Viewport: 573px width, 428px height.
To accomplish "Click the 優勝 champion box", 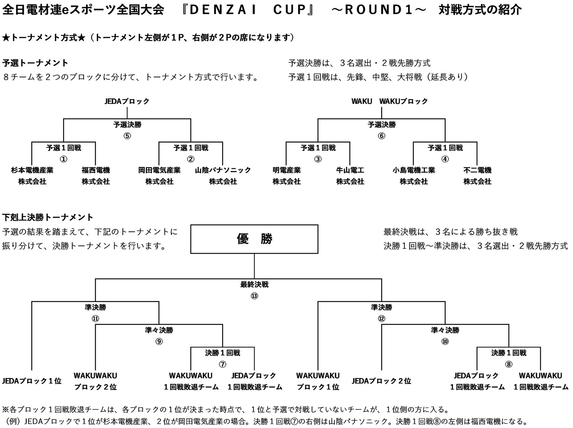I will pyautogui.click(x=254, y=239).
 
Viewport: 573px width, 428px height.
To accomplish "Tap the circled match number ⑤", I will pyautogui.click(x=127, y=136).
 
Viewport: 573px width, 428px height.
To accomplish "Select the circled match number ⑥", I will pyautogui.click(x=381, y=136).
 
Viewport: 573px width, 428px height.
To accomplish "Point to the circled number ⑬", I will pyautogui.click(x=254, y=296).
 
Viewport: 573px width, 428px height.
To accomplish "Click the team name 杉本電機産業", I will pyautogui.click(x=32, y=170).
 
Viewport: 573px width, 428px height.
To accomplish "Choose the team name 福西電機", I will pyautogui.click(x=96, y=170).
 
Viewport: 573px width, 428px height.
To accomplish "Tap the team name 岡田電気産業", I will pyautogui.click(x=159, y=170).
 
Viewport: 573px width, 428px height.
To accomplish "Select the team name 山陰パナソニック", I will pyautogui.click(x=223, y=170).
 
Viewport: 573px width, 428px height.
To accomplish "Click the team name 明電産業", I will pyautogui.click(x=286, y=170).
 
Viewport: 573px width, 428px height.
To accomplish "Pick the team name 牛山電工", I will pyautogui.click(x=350, y=170).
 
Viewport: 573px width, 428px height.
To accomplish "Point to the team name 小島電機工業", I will pyautogui.click(x=414, y=170).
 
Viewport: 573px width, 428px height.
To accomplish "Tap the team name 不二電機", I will pyautogui.click(x=477, y=170).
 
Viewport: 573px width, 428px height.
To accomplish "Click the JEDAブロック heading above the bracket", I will pyautogui.click(x=127, y=101).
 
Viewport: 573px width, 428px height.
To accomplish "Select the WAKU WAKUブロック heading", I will pyautogui.click(x=390, y=101).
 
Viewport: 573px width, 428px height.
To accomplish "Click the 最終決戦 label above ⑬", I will pyautogui.click(x=254, y=285).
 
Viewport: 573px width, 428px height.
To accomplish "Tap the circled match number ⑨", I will pyautogui.click(x=159, y=341).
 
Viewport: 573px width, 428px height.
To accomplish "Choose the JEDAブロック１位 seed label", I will pyautogui.click(x=32, y=381).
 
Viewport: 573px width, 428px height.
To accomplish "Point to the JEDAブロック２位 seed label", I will pyautogui.click(x=381, y=381).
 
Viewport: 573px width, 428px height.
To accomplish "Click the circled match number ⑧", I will pyautogui.click(x=509, y=364).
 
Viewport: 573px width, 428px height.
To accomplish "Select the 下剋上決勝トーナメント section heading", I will pyautogui.click(x=48, y=217).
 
